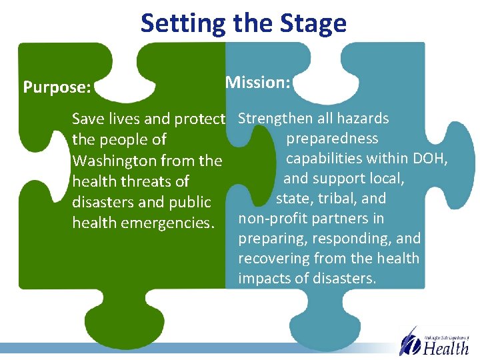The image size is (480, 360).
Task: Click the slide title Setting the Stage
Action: [x=243, y=23]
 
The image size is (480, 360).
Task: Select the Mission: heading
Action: [x=258, y=83]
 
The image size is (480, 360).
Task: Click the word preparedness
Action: [x=332, y=139]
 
